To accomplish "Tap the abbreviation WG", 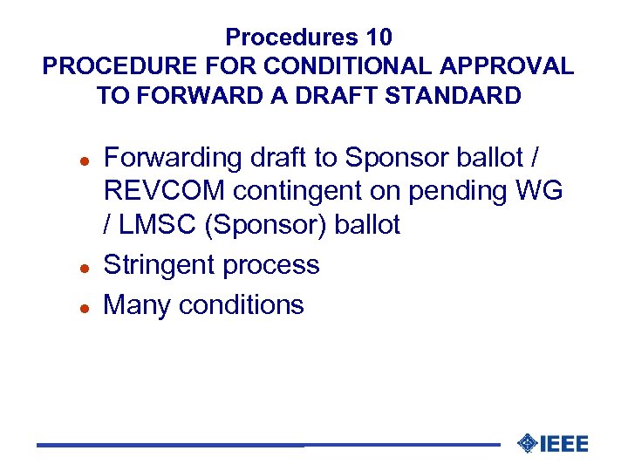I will coord(544,191).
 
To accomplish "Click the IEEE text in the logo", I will coord(564,444).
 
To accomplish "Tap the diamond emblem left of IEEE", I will coord(527,444).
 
